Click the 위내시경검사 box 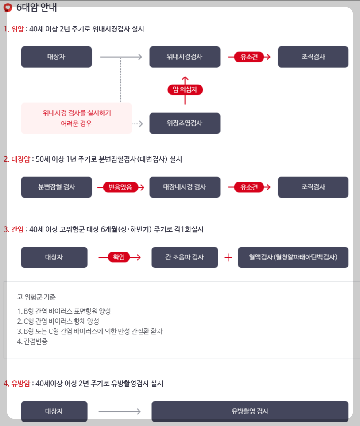coord(185,57)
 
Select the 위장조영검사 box coord(185,123)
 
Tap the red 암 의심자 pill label coord(185,90)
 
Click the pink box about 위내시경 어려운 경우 coord(77,118)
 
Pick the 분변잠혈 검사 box coord(56,187)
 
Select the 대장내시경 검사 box coord(185,187)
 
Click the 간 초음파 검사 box coord(185,257)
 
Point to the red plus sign coord(228,257)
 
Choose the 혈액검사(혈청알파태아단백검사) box coord(293,257)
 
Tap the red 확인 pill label coord(119,257)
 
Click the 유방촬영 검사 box coord(250,411)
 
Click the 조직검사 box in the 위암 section coord(313,57)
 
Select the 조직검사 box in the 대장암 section coord(313,187)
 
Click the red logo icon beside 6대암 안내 coord(8,8)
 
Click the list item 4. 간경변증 coord(33,341)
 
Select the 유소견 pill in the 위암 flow coord(249,57)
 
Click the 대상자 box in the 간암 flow coord(54,257)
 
